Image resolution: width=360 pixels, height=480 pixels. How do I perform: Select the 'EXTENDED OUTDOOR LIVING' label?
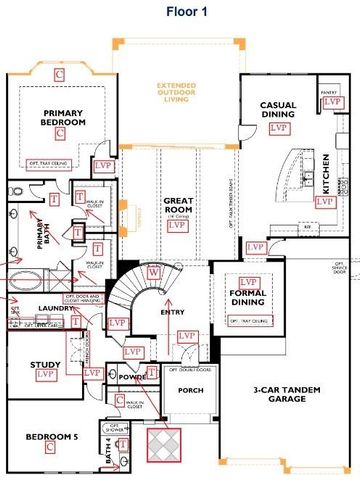point(177,91)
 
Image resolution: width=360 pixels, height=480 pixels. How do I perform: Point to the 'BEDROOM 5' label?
point(49,438)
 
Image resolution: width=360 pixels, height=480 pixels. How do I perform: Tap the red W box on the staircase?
point(153,273)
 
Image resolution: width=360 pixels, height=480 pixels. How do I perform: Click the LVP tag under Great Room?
point(178,226)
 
